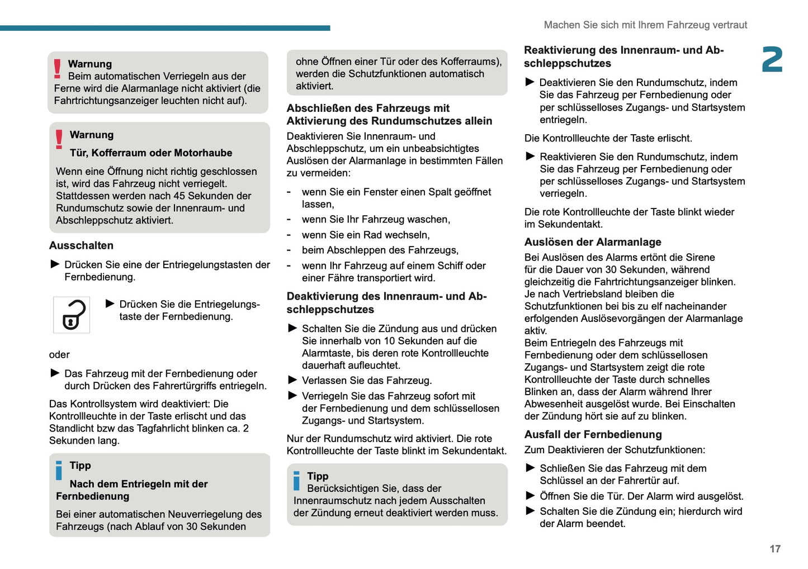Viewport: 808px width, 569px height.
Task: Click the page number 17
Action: pos(774,549)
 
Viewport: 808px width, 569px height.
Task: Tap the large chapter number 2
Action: pos(772,60)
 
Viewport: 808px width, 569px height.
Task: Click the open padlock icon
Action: pos(72,315)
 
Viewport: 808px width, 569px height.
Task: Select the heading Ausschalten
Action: pos(81,245)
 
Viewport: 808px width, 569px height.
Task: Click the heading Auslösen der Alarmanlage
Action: pos(592,242)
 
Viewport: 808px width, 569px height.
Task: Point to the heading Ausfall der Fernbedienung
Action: pos(593,434)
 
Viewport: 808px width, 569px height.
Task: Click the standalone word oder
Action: pos(59,354)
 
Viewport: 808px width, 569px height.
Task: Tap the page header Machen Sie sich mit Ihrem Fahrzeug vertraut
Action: pos(645,25)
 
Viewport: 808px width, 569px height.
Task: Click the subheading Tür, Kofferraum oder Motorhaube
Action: pos(150,153)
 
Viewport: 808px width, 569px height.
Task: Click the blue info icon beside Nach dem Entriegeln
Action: pos(59,470)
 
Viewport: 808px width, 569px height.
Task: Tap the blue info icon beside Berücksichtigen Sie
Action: pos(296,481)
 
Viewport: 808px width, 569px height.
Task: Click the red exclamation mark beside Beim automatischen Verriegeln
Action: pos(57,69)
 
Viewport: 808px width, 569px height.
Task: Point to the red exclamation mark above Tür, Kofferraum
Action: pos(59,139)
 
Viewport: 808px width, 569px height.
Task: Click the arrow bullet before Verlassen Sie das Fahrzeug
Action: pos(292,380)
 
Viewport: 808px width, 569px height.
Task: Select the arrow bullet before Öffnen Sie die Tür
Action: pos(530,495)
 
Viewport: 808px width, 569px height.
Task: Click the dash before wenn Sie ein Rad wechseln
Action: pos(289,235)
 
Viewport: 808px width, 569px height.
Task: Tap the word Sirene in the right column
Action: pos(700,257)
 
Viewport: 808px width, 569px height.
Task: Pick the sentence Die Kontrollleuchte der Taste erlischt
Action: pos(608,138)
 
